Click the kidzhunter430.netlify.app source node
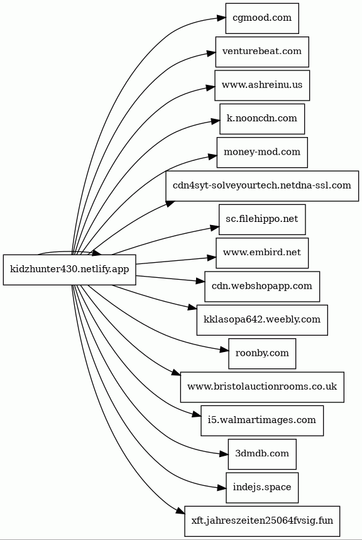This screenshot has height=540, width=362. (70, 270)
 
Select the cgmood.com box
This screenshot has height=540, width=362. (262, 18)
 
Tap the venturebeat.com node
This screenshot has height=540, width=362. (262, 52)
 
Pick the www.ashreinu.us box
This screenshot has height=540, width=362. (262, 85)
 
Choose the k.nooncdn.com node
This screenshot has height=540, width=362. (262, 119)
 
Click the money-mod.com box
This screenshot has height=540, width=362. (262, 152)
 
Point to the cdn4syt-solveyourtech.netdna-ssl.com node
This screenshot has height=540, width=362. (262, 186)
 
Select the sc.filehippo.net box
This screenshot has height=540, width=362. (262, 219)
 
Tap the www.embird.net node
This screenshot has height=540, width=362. (262, 253)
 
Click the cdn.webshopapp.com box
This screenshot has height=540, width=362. (262, 287)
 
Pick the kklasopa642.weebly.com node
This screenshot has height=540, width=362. (262, 320)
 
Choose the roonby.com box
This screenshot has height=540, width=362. (262, 353)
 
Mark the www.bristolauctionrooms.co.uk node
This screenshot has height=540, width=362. (262, 387)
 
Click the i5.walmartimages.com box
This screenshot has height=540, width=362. (262, 421)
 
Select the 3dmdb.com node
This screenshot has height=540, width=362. (262, 454)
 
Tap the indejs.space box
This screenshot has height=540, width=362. (262, 488)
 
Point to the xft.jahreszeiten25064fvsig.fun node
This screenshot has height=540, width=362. (262, 521)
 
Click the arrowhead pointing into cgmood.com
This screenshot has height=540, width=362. (221, 19)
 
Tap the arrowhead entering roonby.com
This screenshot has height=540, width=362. (224, 351)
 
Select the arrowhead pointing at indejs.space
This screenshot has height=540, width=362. (222, 488)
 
